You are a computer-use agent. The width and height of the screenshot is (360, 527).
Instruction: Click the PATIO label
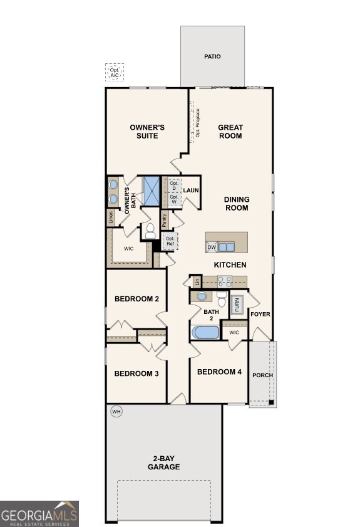pyautogui.click(x=212, y=56)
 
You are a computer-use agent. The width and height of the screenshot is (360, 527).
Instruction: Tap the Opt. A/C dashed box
pyautogui.click(x=115, y=73)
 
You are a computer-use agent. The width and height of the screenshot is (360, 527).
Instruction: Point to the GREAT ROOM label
pyautogui.click(x=230, y=132)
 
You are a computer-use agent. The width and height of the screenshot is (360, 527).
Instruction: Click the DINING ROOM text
pyautogui.click(x=237, y=204)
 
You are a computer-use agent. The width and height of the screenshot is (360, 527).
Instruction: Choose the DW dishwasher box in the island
pyautogui.click(x=212, y=247)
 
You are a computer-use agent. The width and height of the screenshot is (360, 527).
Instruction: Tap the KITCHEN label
pyautogui.click(x=230, y=265)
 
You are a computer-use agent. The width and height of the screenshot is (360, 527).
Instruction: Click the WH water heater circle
pyautogui.click(x=116, y=412)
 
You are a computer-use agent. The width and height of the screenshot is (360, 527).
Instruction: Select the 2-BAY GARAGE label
pyautogui.click(x=163, y=462)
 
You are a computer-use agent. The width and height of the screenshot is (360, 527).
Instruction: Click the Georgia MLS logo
pyautogui.click(x=39, y=514)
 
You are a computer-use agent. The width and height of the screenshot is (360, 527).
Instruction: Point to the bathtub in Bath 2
pyautogui.click(x=205, y=331)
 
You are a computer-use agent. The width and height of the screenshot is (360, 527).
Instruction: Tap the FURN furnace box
pyautogui.click(x=237, y=305)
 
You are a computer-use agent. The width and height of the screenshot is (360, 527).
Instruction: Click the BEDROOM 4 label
pyautogui.click(x=219, y=372)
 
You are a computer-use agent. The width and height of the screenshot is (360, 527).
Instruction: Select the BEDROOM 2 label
pyautogui.click(x=136, y=299)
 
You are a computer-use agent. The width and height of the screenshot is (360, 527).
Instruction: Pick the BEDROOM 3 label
pyautogui.click(x=136, y=373)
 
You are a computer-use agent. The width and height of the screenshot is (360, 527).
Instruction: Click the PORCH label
pyautogui.click(x=262, y=375)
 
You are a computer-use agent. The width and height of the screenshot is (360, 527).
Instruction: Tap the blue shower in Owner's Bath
pyautogui.click(x=152, y=190)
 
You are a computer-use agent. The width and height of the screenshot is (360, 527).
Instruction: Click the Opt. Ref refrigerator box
pyautogui.click(x=170, y=241)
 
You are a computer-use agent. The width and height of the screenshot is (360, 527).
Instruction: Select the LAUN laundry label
pyautogui.click(x=191, y=190)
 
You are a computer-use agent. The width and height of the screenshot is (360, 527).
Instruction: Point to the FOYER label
pyautogui.click(x=260, y=314)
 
